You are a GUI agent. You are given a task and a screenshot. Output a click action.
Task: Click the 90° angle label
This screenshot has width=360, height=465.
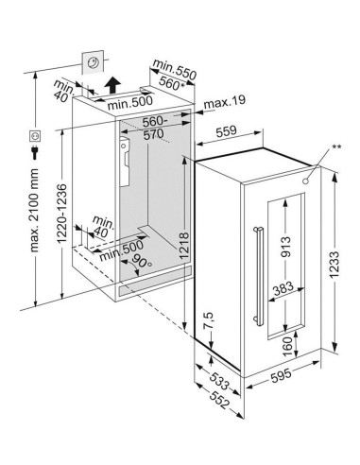coord(142,262)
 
